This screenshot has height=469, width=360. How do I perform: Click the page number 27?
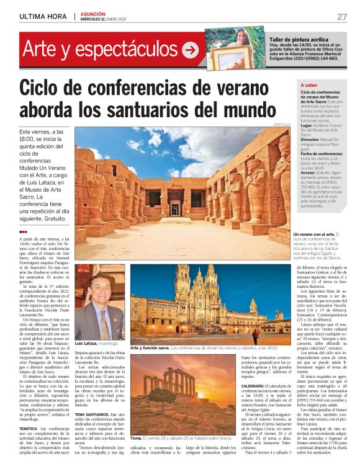tap(342, 17)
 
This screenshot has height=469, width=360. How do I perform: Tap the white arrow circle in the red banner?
tap(190, 48)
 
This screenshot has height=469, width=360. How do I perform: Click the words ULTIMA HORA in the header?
tap(43, 17)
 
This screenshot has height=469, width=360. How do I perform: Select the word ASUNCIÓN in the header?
tap(93, 14)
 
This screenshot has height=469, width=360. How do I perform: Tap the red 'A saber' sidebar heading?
tap(309, 84)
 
